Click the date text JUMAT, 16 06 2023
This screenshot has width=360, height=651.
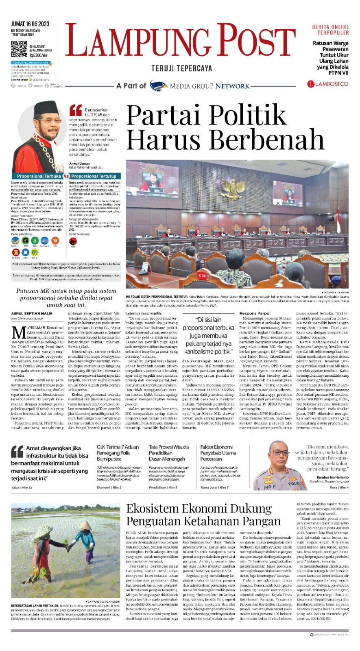(x=30, y=24)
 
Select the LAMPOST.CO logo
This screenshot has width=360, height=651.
(x=327, y=84)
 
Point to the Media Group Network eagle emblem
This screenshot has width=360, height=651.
(x=159, y=86)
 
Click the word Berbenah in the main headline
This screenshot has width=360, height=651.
(x=266, y=139)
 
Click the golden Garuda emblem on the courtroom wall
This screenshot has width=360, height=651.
(x=237, y=187)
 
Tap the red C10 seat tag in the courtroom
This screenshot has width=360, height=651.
(x=202, y=275)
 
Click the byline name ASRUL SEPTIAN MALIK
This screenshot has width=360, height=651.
(x=32, y=313)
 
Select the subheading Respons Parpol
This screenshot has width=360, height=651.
(x=255, y=313)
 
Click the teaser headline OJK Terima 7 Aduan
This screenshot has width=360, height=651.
(x=118, y=447)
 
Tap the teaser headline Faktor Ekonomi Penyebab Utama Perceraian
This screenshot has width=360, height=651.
(x=218, y=452)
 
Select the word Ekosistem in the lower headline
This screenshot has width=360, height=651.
(x=153, y=508)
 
